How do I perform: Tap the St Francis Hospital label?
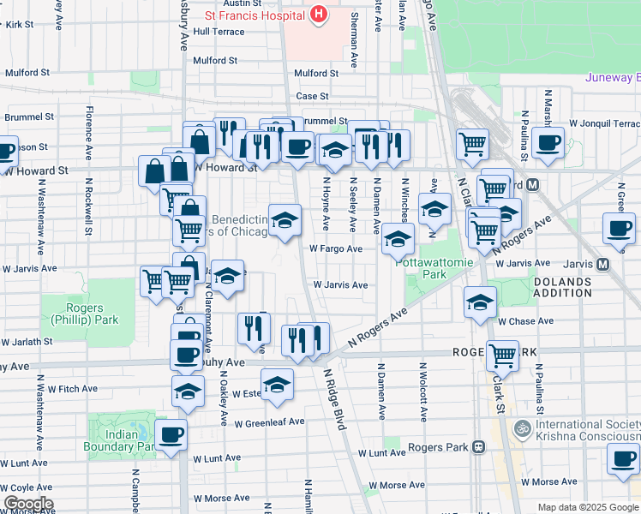[x=255, y=15]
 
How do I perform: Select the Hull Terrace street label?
[x=219, y=31]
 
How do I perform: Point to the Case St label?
[x=312, y=96]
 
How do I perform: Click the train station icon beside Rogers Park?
[x=479, y=447]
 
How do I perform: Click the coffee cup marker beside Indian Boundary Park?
[x=171, y=433]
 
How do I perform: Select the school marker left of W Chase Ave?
[x=480, y=301]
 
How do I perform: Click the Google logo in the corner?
[x=27, y=504]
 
